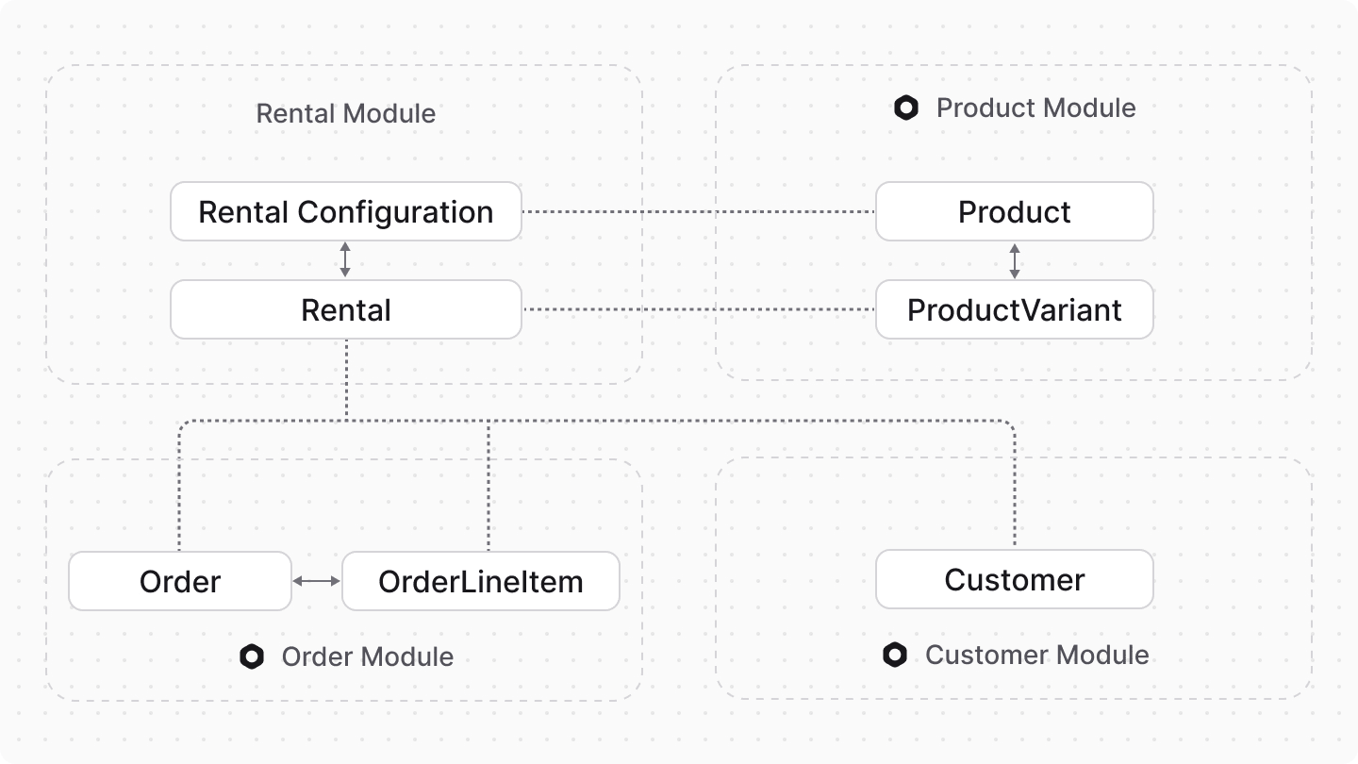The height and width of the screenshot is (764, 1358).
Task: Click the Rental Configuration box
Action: (345, 211)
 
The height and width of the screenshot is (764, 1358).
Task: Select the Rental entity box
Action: (345, 309)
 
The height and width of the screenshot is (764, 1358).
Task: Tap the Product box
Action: (1014, 211)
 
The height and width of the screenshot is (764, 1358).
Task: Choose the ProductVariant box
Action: (1014, 309)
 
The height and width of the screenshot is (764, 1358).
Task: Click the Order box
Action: (179, 581)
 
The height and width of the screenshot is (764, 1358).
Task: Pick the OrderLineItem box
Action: (480, 581)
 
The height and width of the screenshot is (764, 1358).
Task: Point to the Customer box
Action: (1014, 579)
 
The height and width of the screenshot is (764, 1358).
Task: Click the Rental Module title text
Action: (345, 114)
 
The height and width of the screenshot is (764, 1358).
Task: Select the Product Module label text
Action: (1035, 108)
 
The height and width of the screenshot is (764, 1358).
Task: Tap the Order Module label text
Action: (367, 656)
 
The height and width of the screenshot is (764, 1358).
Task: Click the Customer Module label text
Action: (1036, 655)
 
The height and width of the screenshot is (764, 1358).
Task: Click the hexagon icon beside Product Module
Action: (906, 108)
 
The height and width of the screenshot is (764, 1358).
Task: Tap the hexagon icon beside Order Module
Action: (251, 656)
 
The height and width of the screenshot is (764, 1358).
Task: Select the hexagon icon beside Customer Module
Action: (895, 655)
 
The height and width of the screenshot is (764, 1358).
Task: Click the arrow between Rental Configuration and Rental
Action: (345, 259)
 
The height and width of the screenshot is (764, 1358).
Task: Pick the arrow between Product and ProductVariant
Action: (1015, 260)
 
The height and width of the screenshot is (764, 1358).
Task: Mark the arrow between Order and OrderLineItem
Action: (316, 581)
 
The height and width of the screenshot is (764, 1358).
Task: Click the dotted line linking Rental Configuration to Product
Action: (698, 212)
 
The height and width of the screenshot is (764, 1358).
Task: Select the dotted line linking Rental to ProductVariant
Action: (698, 309)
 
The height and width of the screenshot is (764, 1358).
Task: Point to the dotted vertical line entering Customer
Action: (1015, 490)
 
